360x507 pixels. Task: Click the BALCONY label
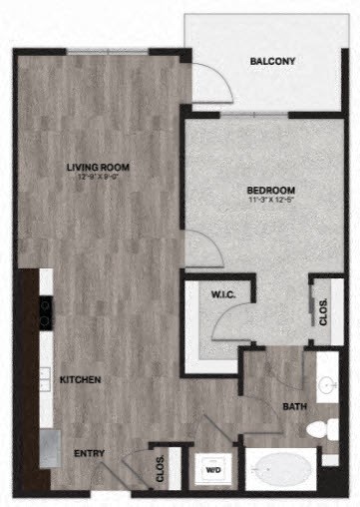pos(272,62)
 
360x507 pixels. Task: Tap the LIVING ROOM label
pos(99,167)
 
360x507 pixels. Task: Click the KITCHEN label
pos(80,380)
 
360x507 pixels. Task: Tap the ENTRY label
pos(90,454)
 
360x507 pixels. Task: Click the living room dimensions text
pos(99,178)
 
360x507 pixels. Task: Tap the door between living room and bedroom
pos(201,249)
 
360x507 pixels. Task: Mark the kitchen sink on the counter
pos(46,379)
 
